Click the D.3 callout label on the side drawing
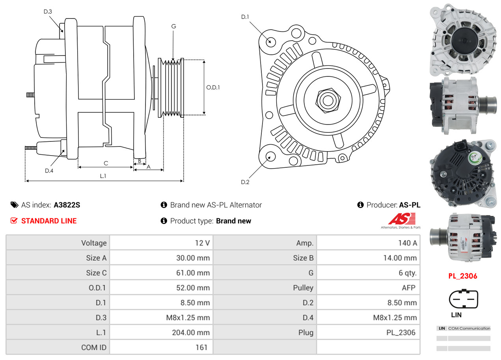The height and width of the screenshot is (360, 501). coord(48,11)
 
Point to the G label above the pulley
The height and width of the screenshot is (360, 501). coord(173,26)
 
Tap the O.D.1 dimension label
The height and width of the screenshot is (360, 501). coord(213,87)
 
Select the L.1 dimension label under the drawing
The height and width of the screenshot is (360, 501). coord(103,176)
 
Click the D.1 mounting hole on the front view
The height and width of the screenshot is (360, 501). coord(270,41)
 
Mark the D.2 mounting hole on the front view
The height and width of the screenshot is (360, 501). coord(270,157)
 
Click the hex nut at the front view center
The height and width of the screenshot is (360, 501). coord(327,100)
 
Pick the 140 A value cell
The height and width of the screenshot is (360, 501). coord(407,243)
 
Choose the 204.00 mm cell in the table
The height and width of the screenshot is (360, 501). coord(190,332)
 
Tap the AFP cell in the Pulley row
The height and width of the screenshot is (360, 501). coord(408,288)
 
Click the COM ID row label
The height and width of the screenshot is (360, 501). coord(94,347)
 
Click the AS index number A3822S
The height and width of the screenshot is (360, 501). coord(67,205)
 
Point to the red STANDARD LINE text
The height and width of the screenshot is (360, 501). coord(49,221)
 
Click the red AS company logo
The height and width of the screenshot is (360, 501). coord(402,219)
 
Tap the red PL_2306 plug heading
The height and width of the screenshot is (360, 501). coord(463,276)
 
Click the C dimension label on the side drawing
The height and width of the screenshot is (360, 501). coord(106,163)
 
